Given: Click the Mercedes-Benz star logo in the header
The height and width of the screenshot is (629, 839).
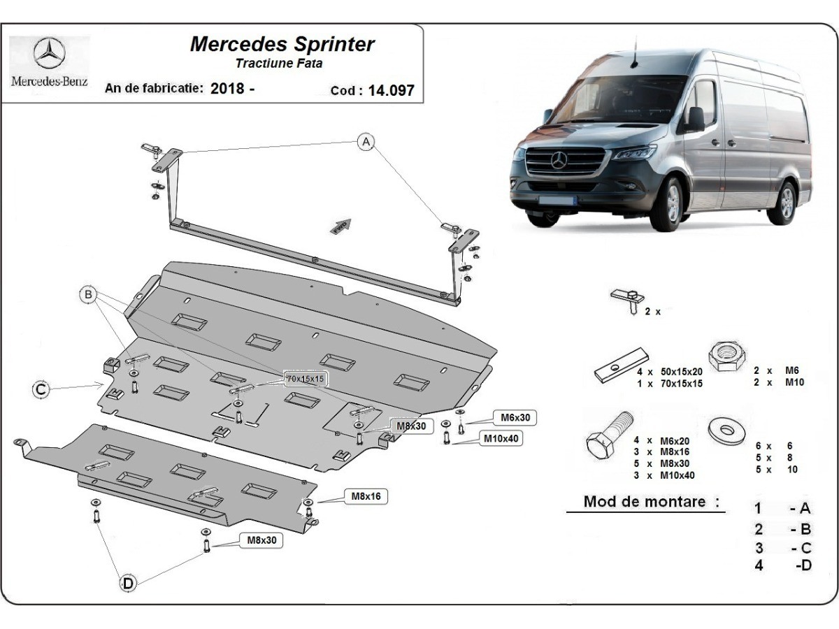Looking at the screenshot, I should pos(49,53).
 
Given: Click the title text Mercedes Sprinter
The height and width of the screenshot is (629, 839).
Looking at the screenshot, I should pos(282,44).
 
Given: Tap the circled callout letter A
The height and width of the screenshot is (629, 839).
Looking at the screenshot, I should pos(365,143).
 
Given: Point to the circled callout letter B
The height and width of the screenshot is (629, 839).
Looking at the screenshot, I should pos(89,296).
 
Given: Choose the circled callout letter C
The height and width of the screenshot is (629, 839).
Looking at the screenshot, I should pos(42,389).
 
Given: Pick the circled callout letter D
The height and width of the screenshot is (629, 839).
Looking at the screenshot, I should pos(127,583).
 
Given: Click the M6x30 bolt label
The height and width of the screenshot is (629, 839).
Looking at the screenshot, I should pos(515,418).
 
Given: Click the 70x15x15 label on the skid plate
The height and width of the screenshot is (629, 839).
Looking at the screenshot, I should pos(306,378).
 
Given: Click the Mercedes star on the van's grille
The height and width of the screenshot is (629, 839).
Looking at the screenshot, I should pos(558,161).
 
